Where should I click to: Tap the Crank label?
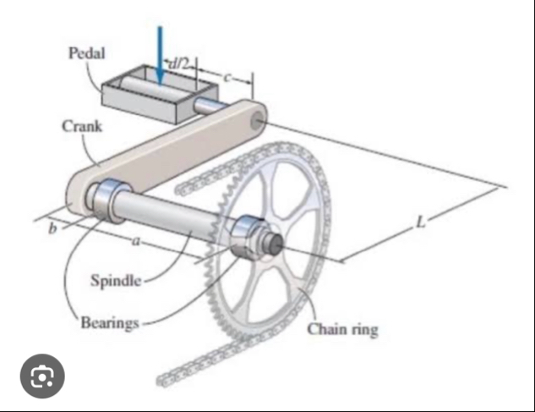[x=82, y=126]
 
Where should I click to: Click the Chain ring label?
[x=341, y=328]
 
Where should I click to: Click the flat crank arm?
[x=169, y=152]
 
